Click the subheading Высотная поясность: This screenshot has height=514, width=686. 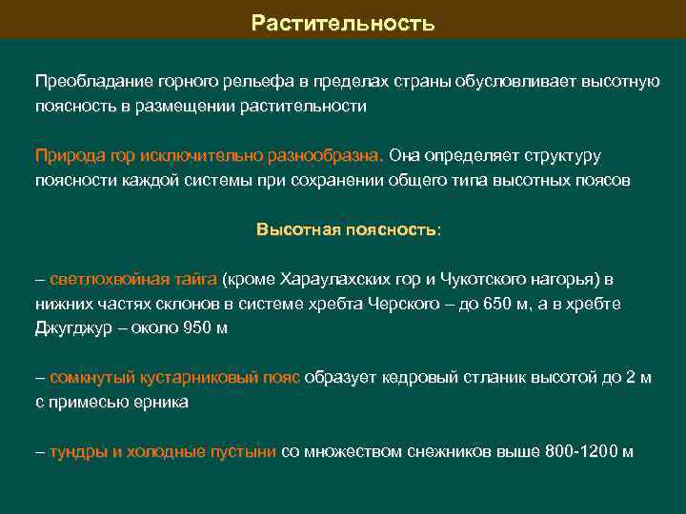349,229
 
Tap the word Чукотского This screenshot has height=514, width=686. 483,279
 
